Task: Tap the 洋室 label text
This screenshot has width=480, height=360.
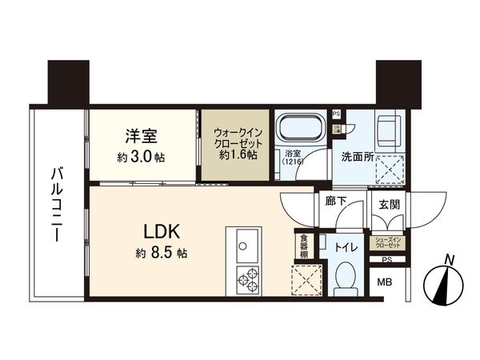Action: point(141,137)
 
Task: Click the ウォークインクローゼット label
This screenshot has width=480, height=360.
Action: point(235,142)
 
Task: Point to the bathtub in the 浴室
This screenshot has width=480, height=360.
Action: point(299,127)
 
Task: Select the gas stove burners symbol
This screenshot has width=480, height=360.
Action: point(247,279)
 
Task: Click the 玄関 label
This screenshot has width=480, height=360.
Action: point(389,203)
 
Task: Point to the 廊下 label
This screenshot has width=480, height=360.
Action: point(336,202)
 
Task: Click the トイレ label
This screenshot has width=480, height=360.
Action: point(346,247)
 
